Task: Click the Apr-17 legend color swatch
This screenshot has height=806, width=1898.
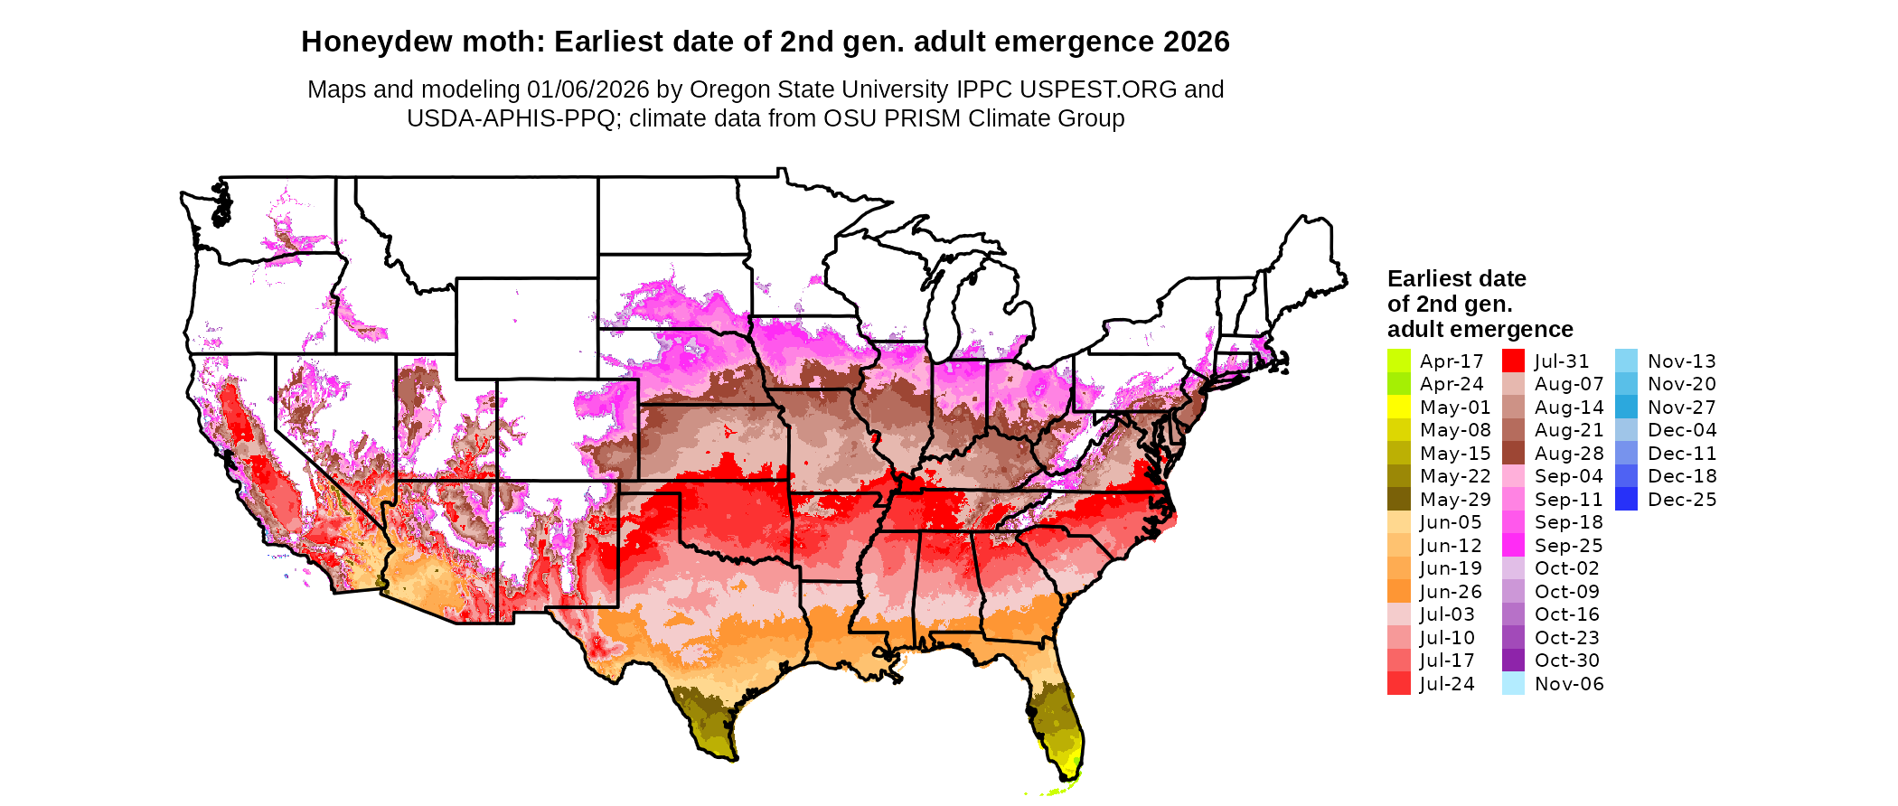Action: [x=1398, y=361]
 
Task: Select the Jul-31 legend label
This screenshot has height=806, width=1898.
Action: [x=1561, y=361]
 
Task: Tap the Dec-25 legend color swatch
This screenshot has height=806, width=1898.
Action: [x=1626, y=500]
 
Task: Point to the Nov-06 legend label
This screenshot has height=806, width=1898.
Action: [x=1569, y=684]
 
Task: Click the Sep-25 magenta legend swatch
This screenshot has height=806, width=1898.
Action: [x=1513, y=546]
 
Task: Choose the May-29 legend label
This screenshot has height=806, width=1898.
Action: [x=1455, y=500]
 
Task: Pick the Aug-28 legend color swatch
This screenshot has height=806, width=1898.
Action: [x=1513, y=454]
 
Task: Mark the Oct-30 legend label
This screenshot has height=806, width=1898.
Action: [x=1566, y=661]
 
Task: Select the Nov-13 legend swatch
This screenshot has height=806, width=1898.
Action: [x=1626, y=361]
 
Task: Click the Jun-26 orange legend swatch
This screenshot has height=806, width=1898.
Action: [x=1398, y=592]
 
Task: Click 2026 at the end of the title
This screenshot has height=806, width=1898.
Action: [x=1197, y=42]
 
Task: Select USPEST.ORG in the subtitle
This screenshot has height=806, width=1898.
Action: [x=1098, y=89]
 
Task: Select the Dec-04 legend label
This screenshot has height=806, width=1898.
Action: [x=1681, y=430]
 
